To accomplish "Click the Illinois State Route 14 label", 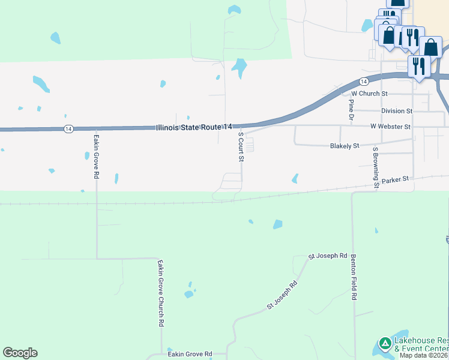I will click(193, 127).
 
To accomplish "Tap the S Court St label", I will click(241, 147).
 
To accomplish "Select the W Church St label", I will click(370, 94).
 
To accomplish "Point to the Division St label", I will click(397, 111).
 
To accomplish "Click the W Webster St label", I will click(390, 127).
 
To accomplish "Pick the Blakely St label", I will click(345, 146).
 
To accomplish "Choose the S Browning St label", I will click(376, 167).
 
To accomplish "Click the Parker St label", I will click(395, 179).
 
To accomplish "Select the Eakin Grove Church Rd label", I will click(161, 292).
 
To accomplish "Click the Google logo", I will click(20, 353).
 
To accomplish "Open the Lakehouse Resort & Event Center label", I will click(421, 344).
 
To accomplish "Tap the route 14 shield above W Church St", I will click(364, 81).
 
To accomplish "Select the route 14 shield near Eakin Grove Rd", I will click(68, 128).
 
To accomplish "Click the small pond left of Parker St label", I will click(295, 178).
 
